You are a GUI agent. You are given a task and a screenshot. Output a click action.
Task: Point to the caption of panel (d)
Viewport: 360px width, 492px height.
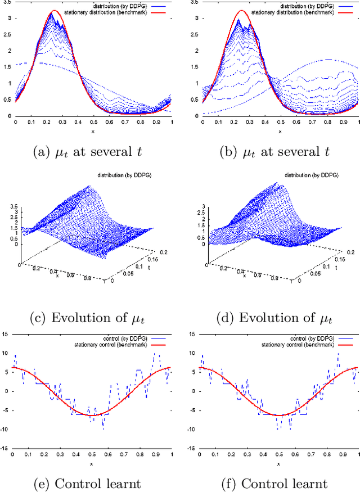[x=276, y=318]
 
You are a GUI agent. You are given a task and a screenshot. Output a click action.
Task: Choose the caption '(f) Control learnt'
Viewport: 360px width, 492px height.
[x=276, y=483]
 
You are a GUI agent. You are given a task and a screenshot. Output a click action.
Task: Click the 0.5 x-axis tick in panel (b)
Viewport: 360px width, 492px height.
[x=279, y=122]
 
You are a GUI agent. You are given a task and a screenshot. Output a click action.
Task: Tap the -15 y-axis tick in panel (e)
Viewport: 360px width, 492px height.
[x=6, y=448]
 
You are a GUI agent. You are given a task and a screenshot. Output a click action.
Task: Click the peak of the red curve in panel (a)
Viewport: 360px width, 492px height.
[x=53, y=11]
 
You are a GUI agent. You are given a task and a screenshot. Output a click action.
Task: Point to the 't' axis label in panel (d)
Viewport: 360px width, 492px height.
[x=336, y=269]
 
